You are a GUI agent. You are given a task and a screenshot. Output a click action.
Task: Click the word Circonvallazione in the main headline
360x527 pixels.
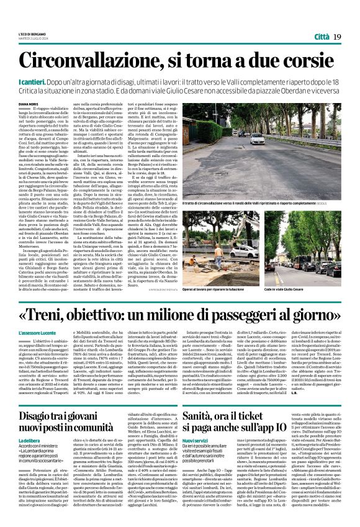[91, 61]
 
